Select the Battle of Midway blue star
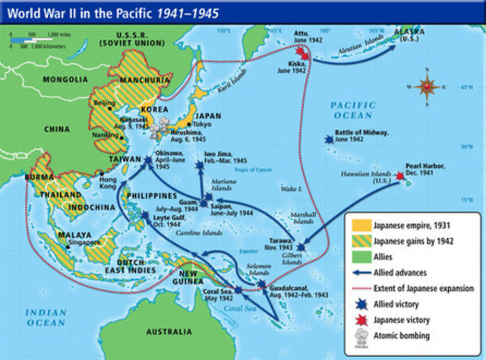(x=328, y=140)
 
